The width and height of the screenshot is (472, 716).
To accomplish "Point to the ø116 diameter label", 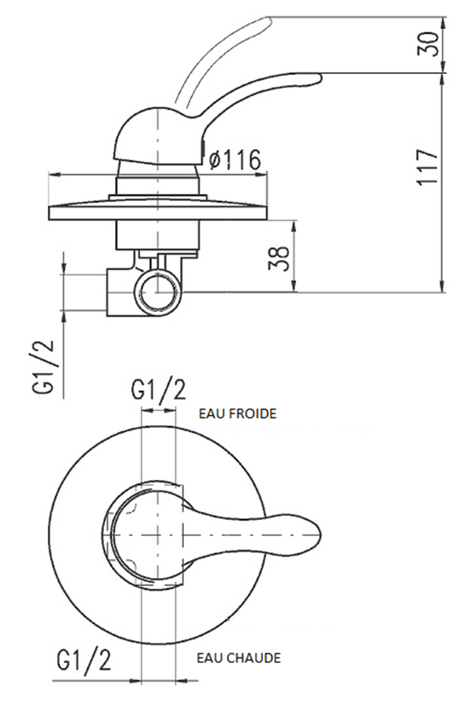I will click(x=234, y=160).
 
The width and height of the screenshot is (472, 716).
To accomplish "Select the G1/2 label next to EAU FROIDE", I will click(x=158, y=390).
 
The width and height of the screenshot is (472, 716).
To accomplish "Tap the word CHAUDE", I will click(x=256, y=657).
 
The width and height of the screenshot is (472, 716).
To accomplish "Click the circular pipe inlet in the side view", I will click(x=157, y=290).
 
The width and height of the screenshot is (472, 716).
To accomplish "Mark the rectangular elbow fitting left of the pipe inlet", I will click(x=119, y=293).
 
